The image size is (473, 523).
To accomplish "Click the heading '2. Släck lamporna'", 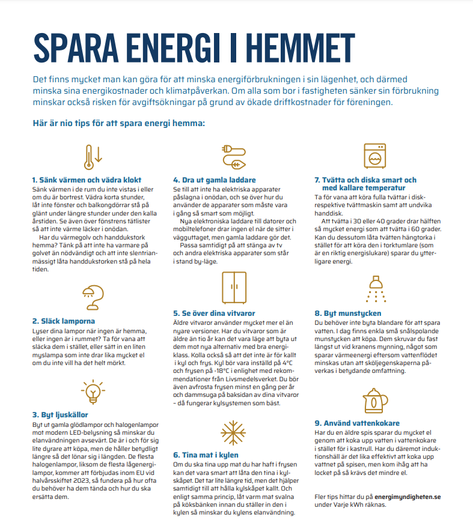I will pyautogui.click(x=64, y=321).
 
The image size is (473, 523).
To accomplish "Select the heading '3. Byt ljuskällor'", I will pyautogui.click(x=60, y=415).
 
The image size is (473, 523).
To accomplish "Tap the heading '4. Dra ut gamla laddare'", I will pyautogui.click(x=214, y=180).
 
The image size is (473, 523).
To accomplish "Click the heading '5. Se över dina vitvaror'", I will pyautogui.click(x=215, y=313).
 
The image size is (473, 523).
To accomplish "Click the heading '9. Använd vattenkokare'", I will pyautogui.click(x=357, y=423).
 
